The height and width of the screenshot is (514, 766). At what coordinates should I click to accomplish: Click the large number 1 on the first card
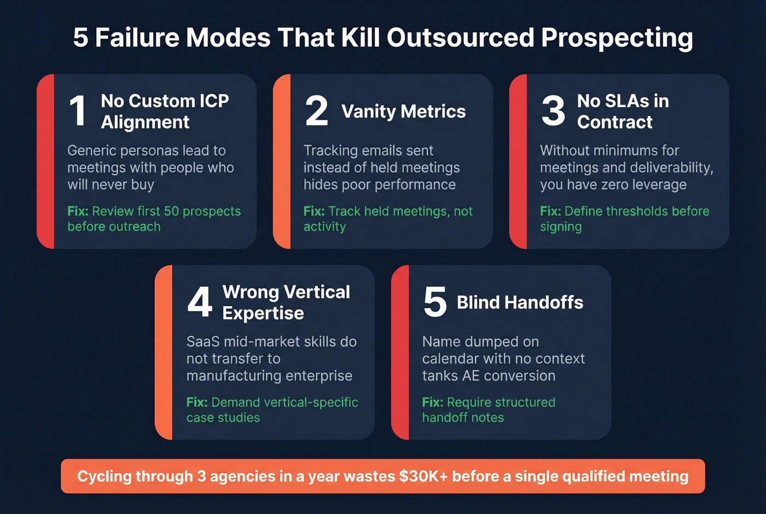(x=78, y=111)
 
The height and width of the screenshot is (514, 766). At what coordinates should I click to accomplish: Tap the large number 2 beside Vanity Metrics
(x=316, y=111)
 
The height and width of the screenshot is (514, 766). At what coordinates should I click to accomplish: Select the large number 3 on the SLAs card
(x=553, y=111)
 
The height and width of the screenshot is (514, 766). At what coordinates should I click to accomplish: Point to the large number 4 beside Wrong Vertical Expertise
(x=199, y=302)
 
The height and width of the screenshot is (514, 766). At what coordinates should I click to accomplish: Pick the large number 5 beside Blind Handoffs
(x=435, y=302)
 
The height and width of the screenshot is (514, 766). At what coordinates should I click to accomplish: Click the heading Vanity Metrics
(x=403, y=112)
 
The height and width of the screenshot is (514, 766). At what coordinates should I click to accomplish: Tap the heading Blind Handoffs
(x=520, y=302)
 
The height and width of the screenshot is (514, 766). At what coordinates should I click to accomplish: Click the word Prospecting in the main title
(x=617, y=38)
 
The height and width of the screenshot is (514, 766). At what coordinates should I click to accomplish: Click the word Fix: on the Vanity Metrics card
(x=314, y=211)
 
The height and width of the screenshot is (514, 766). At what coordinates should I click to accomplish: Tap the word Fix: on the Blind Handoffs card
(x=432, y=402)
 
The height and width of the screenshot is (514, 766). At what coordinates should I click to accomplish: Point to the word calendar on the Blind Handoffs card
(x=449, y=359)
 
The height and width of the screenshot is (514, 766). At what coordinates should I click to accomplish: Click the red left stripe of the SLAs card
(x=518, y=161)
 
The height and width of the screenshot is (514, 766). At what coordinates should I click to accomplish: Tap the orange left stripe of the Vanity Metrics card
(x=282, y=161)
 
